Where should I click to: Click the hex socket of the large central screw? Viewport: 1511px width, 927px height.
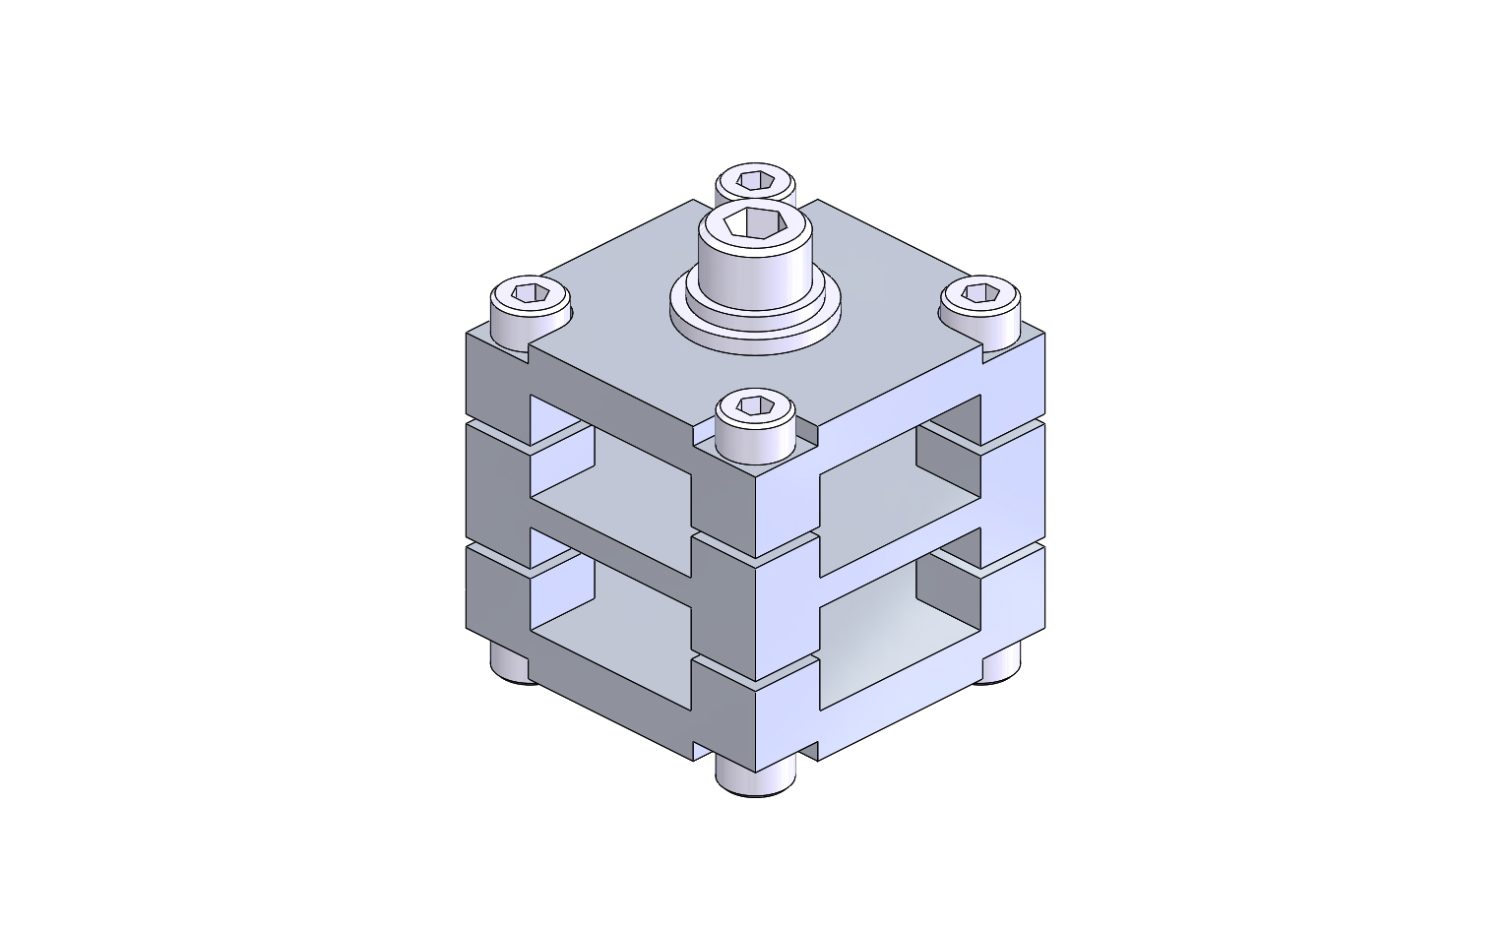(755, 224)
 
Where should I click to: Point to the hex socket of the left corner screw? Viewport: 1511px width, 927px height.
(531, 292)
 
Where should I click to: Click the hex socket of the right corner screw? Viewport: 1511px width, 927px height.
(979, 292)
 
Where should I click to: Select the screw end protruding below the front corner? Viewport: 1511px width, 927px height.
(755, 777)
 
